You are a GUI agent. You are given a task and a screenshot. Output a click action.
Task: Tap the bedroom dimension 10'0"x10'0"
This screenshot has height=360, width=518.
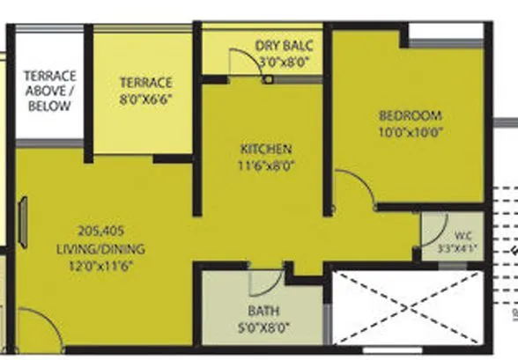pyautogui.click(x=411, y=134)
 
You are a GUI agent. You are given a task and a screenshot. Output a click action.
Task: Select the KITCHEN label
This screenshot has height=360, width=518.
pyautogui.click(x=266, y=149)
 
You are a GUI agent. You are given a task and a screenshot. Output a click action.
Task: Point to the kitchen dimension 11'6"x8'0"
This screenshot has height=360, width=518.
pyautogui.click(x=266, y=165)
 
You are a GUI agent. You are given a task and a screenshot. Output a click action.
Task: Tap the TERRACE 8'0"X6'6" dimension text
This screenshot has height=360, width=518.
pyautogui.click(x=145, y=99)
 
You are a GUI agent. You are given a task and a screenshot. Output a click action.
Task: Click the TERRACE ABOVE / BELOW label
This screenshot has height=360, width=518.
pyautogui.click(x=48, y=91)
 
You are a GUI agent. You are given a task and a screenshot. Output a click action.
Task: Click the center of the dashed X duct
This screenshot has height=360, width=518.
pyautogui.click(x=407, y=307)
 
